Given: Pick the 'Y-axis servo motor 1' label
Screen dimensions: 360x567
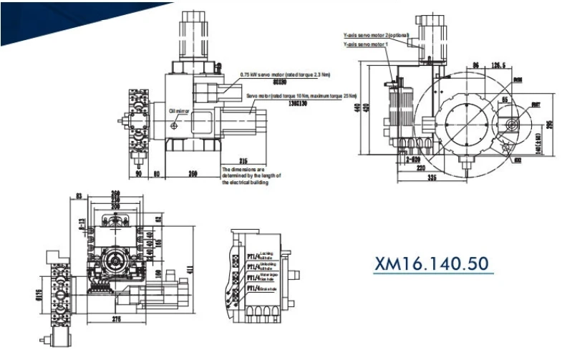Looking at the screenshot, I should (366, 44).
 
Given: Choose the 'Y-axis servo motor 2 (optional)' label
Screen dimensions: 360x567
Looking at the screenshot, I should (375, 35).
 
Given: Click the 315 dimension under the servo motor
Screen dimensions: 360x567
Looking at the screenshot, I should (243, 160).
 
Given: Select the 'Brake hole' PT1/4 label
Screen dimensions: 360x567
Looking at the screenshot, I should (256, 288).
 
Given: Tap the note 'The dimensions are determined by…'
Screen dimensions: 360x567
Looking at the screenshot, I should (251, 175).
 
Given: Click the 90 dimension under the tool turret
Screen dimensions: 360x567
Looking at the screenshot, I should (137, 173).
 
